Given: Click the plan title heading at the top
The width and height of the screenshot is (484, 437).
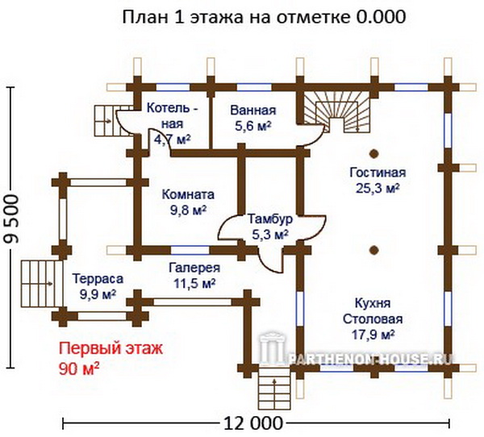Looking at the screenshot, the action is (x=264, y=17).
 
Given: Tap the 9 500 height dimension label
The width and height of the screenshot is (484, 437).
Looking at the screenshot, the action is (x=12, y=218).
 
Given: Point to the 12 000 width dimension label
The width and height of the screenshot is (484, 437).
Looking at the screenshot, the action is (x=252, y=423).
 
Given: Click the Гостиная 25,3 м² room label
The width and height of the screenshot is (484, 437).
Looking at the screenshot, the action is (x=378, y=181).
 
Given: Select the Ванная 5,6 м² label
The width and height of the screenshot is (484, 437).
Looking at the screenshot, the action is (x=253, y=118).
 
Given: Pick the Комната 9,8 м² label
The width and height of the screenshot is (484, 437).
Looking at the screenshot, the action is (x=188, y=202).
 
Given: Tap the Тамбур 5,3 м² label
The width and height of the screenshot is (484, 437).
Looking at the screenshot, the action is (x=270, y=227).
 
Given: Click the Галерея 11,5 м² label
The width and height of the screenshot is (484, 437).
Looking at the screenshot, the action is (x=194, y=275).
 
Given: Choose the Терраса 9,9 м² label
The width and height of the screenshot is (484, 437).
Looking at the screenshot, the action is (x=98, y=286).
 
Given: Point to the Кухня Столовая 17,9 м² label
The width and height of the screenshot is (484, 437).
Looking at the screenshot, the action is (x=373, y=318).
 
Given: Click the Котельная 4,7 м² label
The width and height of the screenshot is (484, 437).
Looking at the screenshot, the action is (x=173, y=123).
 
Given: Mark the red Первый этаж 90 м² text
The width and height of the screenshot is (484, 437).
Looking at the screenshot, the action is (x=111, y=358).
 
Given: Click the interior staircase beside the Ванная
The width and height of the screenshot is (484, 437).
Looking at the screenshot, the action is (x=337, y=113).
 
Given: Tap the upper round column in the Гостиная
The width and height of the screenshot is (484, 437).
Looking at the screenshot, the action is (x=374, y=154).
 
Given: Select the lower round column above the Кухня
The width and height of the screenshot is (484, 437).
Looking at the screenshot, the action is (x=374, y=250).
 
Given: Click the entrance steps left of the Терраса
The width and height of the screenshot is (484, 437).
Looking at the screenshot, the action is (x=42, y=284).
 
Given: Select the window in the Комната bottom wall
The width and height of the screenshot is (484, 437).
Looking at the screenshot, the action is (x=190, y=250).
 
